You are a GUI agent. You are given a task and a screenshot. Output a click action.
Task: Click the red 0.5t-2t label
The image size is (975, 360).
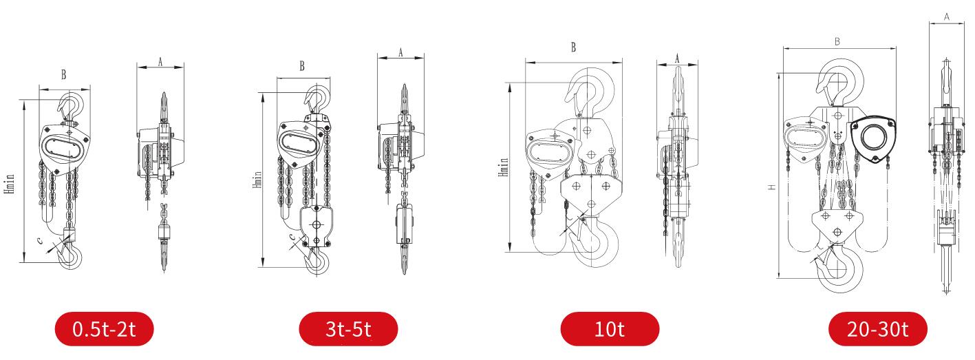pyautogui.click(x=104, y=329)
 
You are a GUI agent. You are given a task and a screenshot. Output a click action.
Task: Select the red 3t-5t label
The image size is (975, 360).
pyautogui.click(x=348, y=329)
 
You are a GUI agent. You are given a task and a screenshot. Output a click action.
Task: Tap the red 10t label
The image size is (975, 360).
pyautogui.click(x=610, y=329)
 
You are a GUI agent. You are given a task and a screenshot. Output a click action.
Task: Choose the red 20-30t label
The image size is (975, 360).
pyautogui.click(x=877, y=329)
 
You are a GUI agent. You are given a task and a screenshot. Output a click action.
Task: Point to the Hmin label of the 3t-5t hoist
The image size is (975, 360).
pyautogui.click(x=257, y=180)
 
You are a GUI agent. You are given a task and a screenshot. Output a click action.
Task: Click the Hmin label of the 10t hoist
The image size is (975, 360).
pyautogui.click(x=504, y=167)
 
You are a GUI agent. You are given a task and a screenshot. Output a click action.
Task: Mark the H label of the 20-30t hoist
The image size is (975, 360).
pyautogui.click(x=772, y=187)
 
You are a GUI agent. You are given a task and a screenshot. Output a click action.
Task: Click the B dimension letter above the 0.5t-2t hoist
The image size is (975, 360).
pyautogui.click(x=63, y=75)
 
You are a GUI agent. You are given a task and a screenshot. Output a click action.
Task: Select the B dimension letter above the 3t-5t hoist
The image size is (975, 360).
pyautogui.click(x=302, y=65)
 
